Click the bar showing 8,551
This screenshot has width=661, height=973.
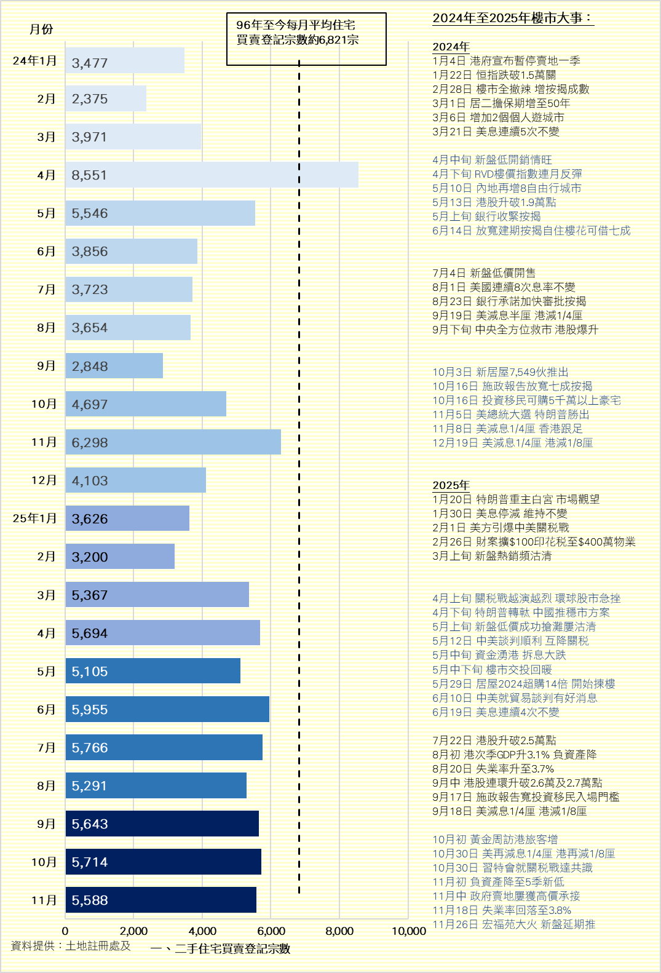click(212, 175)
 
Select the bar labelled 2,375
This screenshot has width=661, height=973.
click(106, 98)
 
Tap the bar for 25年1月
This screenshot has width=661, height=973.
click(127, 518)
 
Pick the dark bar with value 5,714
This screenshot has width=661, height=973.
click(163, 862)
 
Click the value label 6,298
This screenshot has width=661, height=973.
click(90, 443)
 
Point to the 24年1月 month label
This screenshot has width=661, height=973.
click(34, 60)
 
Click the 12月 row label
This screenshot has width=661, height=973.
click(44, 480)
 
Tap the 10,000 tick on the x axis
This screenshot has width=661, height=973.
click(408, 931)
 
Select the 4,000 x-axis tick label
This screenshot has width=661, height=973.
click(202, 931)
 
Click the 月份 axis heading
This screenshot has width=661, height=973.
click(41, 29)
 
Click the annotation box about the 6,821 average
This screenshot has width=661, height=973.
click(306, 39)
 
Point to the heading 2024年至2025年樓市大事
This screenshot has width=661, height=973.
click(512, 18)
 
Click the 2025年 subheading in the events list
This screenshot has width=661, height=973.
click(451, 485)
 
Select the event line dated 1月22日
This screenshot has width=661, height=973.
click(494, 75)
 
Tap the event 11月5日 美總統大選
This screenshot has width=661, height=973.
click(510, 415)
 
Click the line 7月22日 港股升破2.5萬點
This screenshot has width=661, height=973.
click(494, 741)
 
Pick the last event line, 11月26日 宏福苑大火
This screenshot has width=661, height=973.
click(513, 924)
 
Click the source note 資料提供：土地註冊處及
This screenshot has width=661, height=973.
click(71, 946)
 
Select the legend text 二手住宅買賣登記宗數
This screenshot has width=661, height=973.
click(232, 949)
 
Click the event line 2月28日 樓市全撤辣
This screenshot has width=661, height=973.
click(510, 89)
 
